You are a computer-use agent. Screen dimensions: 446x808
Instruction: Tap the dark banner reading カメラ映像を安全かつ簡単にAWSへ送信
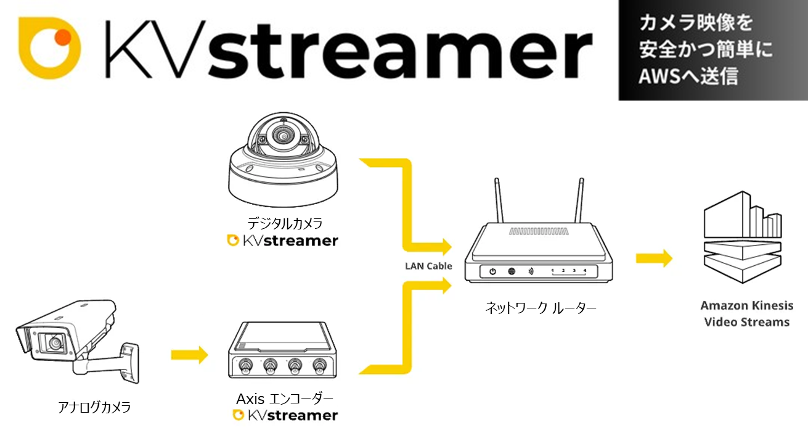click(713, 50)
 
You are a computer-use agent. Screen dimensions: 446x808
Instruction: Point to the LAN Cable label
click(428, 266)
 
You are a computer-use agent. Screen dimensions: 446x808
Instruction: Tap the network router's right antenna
click(579, 201)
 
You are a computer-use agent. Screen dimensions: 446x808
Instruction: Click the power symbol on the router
click(492, 271)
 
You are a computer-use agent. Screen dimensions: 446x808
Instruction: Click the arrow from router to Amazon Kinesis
click(654, 258)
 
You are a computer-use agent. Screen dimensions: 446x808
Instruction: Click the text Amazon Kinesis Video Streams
click(746, 314)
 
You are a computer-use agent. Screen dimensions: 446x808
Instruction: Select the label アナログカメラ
click(94, 407)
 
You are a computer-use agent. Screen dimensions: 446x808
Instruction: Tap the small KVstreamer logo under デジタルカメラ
click(282, 241)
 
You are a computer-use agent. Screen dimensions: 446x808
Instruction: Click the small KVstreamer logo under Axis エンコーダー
click(285, 415)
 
